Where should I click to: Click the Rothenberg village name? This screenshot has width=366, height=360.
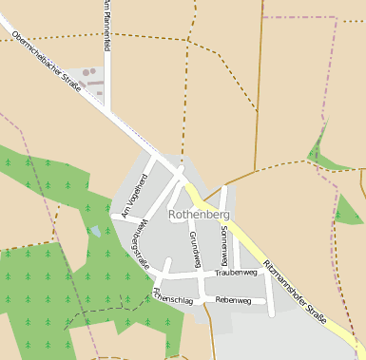199,215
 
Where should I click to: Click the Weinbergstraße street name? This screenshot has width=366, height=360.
139,243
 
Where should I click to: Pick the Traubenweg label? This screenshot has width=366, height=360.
236,273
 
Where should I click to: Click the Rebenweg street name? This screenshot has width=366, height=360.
233,300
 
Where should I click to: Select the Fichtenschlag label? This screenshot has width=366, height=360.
171,301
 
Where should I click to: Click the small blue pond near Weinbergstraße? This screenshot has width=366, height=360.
96,231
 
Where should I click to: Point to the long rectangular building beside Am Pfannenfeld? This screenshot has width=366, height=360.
93,84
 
